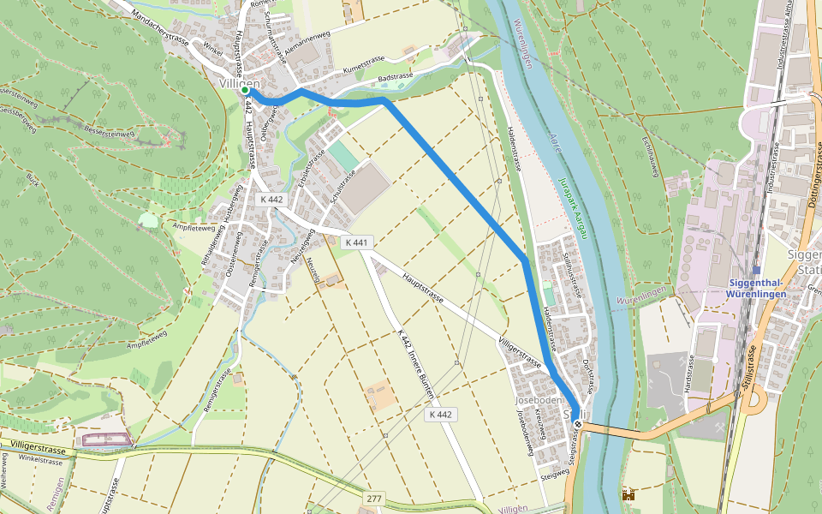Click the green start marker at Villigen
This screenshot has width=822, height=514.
(245, 90)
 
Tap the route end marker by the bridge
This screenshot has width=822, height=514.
(579, 424)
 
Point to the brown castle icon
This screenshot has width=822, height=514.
(629, 495)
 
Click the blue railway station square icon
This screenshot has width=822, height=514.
(756, 270)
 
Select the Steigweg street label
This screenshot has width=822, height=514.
(555, 474)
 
